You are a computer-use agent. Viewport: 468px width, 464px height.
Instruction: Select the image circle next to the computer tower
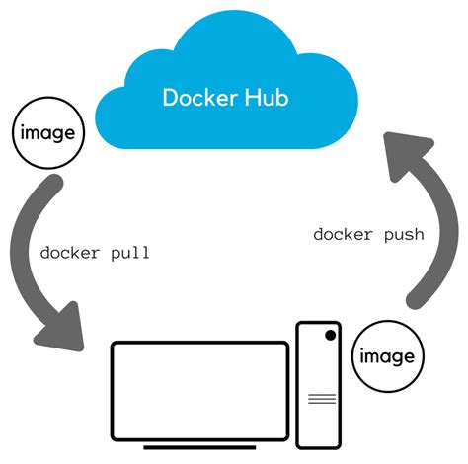384,354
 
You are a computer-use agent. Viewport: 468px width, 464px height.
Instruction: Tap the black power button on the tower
329,337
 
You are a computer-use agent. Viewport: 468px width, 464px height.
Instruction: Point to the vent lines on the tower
320,399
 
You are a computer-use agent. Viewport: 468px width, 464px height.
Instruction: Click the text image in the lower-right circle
384,354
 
